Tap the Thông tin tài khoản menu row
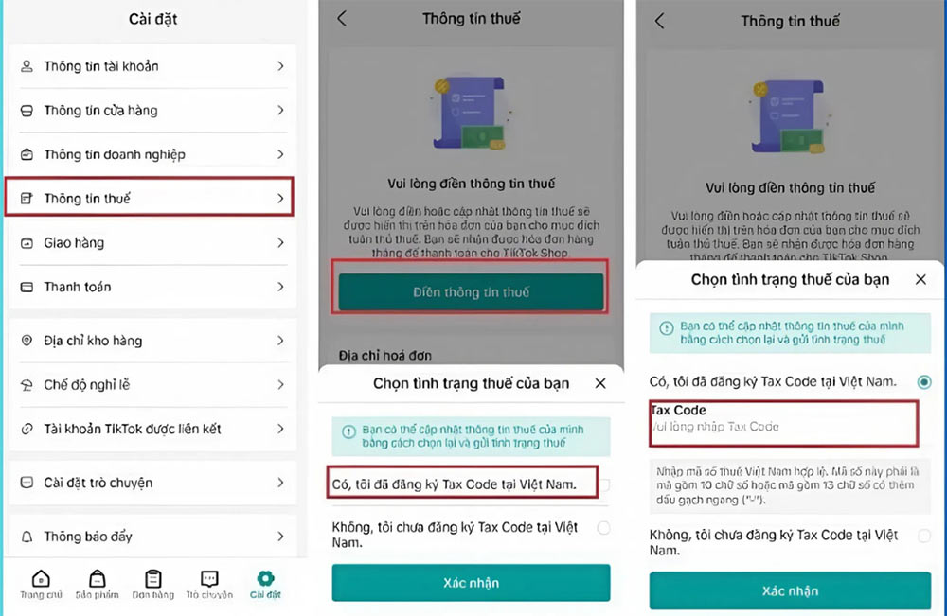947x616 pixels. coord(152,66)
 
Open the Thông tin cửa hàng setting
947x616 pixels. coord(152,111)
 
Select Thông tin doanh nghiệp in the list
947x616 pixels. coord(152,154)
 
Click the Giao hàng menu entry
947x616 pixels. coord(152,243)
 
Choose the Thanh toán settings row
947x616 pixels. coord(152,287)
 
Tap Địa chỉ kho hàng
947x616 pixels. coord(152,341)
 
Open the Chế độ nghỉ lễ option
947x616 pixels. coord(152,385)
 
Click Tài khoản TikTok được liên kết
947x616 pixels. coord(152,429)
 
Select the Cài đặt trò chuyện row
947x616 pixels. coord(152,483)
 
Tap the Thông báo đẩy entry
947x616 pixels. coord(152,537)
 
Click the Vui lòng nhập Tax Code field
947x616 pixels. coord(782,427)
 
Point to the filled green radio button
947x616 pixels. coord(924,382)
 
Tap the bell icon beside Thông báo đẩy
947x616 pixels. coord(27,537)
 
